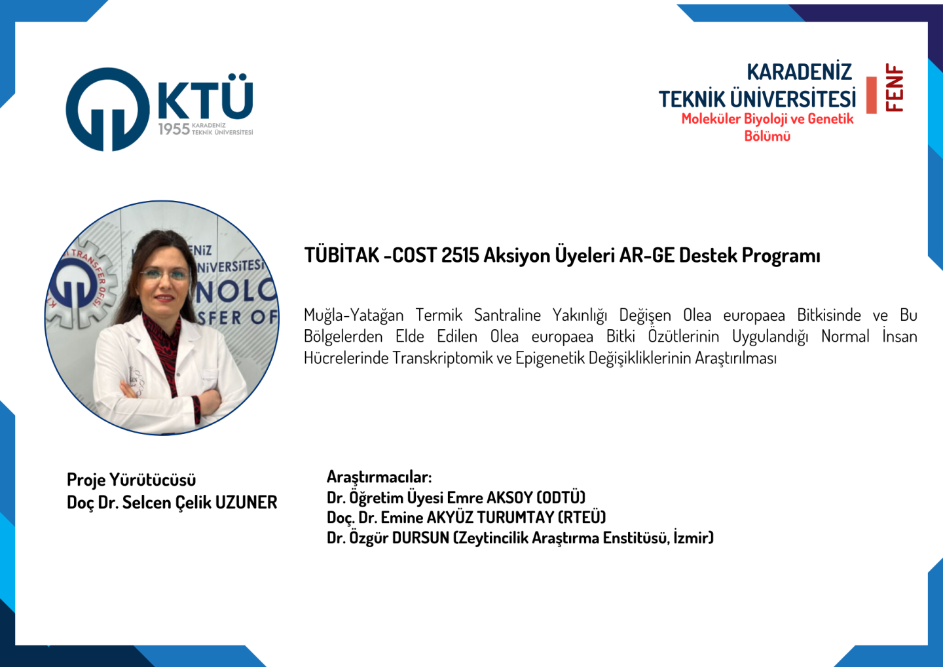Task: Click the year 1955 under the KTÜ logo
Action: [x=174, y=129]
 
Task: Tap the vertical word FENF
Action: [x=894, y=88]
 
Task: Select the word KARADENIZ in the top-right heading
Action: [x=799, y=73]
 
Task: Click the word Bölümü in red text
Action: [x=767, y=136]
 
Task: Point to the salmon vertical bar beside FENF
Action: [x=871, y=95]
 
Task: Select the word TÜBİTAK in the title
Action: [x=341, y=255]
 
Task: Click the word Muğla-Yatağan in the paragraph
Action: [x=354, y=315]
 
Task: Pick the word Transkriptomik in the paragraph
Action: [x=443, y=358]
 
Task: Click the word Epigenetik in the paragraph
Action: [x=549, y=358]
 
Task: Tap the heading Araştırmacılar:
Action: [x=379, y=477]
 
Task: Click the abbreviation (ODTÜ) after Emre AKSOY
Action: [x=561, y=497]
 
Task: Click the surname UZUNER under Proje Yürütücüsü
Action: [x=246, y=503]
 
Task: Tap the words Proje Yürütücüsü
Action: [x=132, y=480]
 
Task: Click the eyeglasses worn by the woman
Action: [x=165, y=275]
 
